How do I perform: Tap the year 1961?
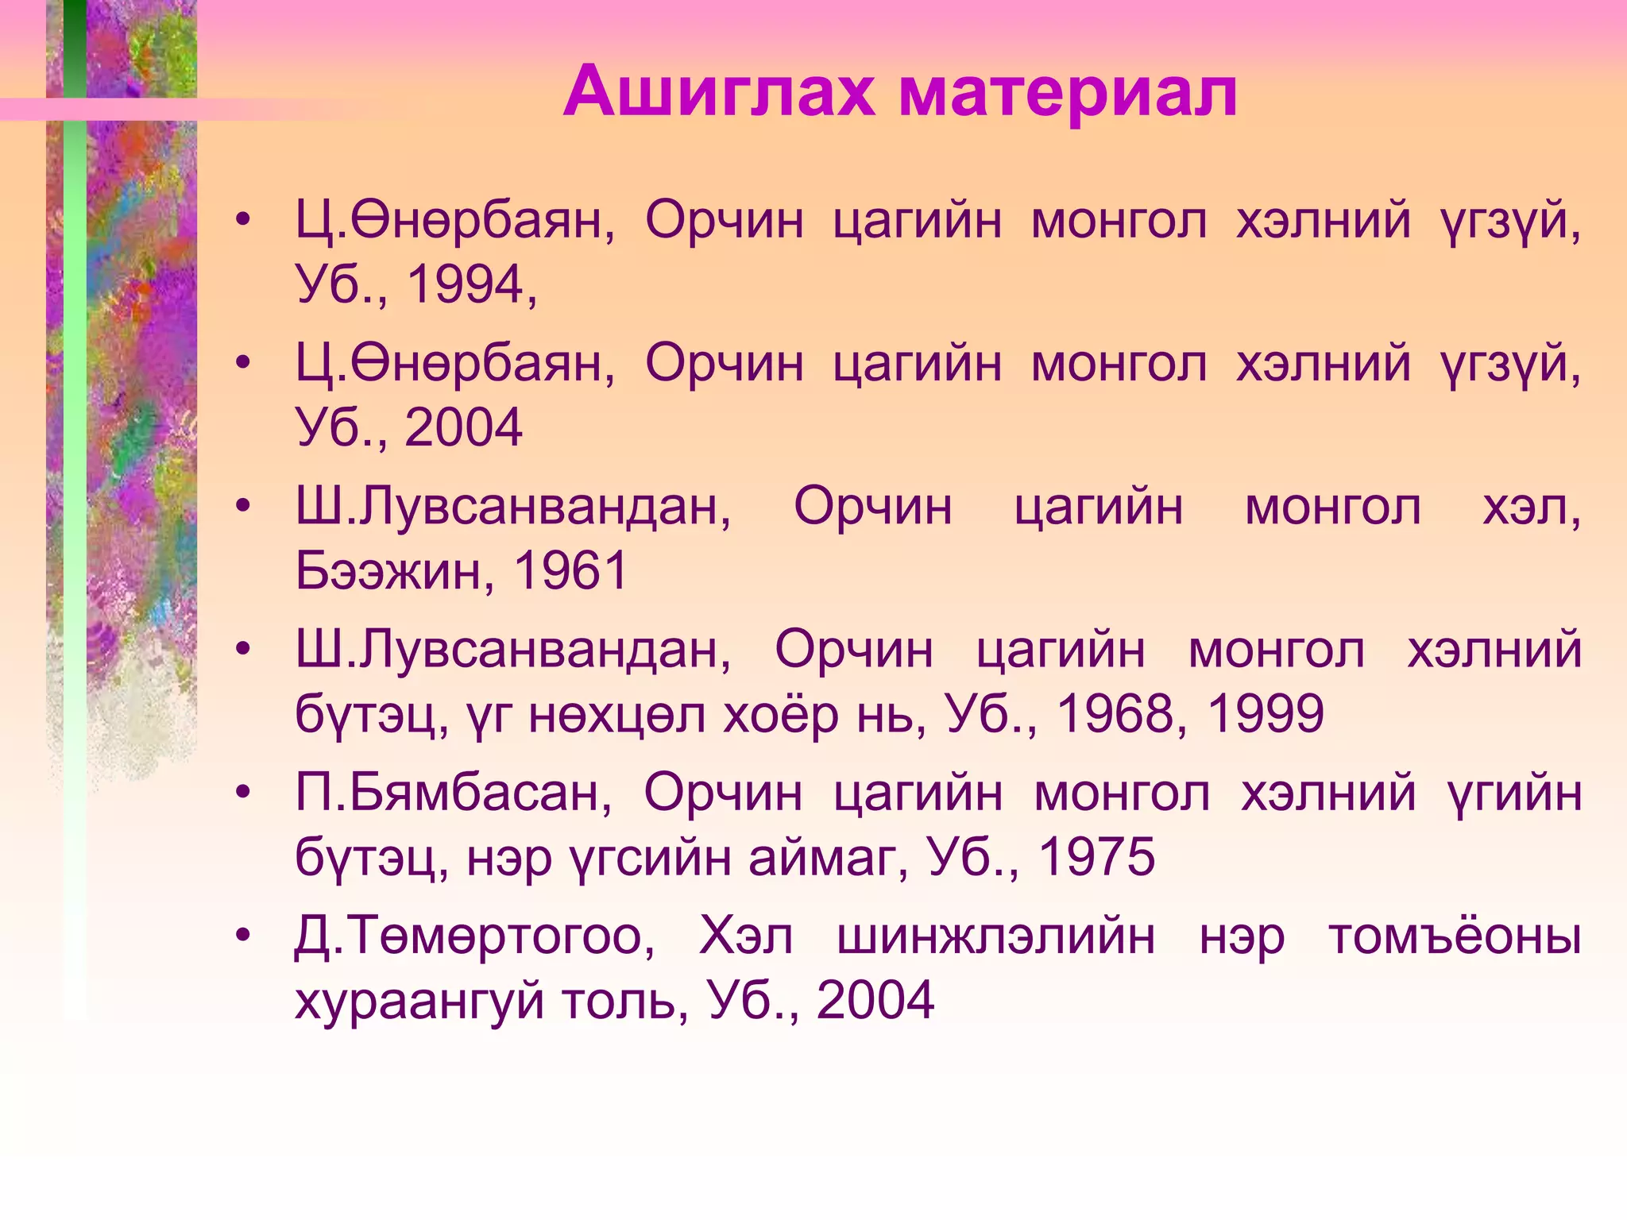(x=570, y=570)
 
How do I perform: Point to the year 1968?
(x=1115, y=713)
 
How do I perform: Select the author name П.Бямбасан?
(x=454, y=793)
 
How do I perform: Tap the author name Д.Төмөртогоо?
(x=474, y=936)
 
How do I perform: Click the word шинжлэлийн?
(x=996, y=936)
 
